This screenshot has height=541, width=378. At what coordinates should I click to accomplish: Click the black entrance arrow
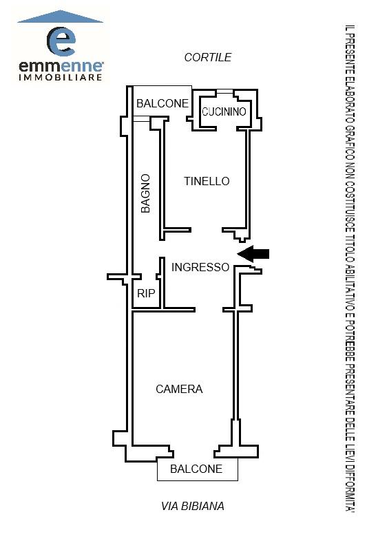click(x=253, y=254)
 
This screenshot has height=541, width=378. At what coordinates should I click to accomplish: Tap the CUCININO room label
click(x=224, y=112)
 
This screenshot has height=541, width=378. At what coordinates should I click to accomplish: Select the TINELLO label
click(x=207, y=181)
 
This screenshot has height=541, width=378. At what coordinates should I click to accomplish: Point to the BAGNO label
click(x=146, y=193)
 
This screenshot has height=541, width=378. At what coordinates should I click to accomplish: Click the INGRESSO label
click(x=200, y=267)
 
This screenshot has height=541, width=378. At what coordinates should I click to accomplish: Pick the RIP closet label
click(x=146, y=293)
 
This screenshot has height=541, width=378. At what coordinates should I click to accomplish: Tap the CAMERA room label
click(x=179, y=389)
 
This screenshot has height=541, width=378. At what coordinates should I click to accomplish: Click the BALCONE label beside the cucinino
click(x=162, y=103)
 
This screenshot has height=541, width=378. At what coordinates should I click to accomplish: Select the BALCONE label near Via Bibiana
click(x=196, y=469)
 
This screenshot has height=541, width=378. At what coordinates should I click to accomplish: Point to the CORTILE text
click(x=208, y=57)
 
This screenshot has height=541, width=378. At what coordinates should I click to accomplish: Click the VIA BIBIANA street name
click(x=193, y=506)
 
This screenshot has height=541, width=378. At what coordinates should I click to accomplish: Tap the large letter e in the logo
click(x=61, y=41)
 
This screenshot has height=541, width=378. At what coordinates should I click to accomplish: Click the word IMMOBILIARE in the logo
click(x=61, y=77)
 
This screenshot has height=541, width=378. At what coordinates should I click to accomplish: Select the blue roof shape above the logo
click(x=61, y=17)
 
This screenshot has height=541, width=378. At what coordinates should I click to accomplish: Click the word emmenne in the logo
click(x=61, y=66)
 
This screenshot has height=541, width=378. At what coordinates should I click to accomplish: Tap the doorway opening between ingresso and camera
click(x=209, y=310)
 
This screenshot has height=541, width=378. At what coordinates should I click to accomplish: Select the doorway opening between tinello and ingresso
click(x=207, y=230)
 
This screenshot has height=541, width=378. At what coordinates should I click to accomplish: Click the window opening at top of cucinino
click(x=225, y=92)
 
